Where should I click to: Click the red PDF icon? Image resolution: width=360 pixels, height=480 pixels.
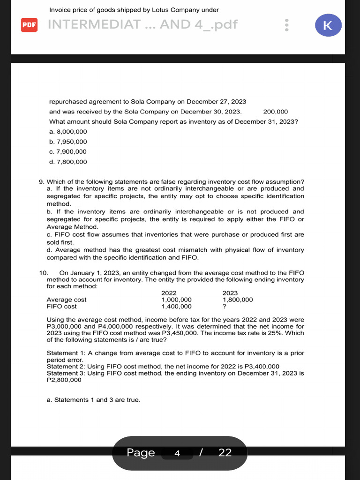29,24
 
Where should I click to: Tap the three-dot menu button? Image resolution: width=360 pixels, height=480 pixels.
287,25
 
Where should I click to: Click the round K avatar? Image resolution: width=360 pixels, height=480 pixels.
328,25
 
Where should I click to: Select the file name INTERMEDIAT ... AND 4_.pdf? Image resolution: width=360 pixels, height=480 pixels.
143,24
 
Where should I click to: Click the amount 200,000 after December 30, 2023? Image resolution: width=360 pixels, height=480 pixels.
276,112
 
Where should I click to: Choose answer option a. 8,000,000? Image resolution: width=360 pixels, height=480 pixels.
68,132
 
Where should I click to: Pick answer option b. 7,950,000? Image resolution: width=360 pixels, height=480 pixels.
68,142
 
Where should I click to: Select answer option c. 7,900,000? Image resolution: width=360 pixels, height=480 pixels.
68,151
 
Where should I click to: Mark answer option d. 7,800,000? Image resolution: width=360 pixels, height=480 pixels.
68,162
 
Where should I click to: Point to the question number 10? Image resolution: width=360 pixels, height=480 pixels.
43,273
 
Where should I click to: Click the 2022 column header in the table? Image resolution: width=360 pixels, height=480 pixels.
169,293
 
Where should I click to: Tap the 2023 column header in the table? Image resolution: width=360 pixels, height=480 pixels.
230,293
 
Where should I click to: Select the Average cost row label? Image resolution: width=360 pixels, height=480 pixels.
67,300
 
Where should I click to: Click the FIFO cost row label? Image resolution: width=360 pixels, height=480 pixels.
61,307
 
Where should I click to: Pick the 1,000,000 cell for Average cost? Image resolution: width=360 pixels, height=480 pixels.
176,300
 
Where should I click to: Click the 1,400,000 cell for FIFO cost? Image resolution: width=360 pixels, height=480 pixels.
176,307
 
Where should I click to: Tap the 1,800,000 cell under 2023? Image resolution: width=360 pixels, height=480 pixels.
238,300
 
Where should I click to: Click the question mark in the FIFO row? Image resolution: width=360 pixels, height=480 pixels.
225,307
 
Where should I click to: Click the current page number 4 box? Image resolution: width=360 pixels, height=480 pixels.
177,453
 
